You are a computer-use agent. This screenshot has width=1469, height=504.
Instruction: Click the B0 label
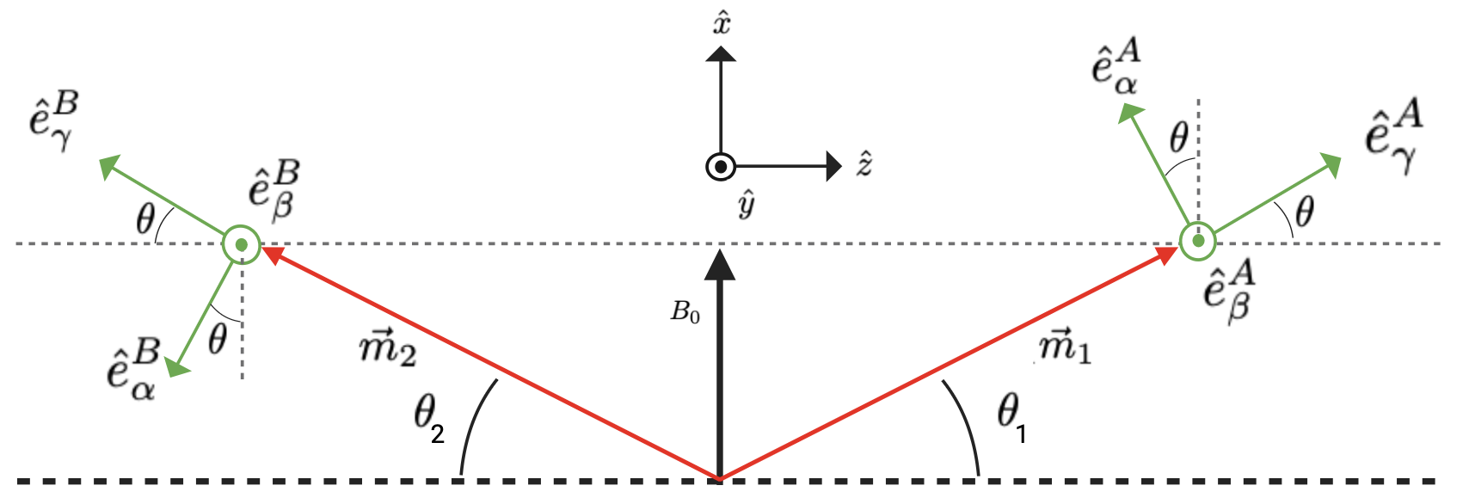pos(685,312)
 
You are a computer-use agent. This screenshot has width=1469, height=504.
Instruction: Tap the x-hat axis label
pos(722,23)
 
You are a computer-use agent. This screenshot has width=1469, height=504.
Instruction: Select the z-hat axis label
pos(865,163)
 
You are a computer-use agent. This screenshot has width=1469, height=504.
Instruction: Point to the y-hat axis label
pos(746,205)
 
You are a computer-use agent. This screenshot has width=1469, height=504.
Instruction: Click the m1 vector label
pos(1066,347)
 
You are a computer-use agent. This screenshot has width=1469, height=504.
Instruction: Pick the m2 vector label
pos(388,348)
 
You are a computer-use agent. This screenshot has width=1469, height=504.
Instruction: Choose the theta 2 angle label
pos(428,419)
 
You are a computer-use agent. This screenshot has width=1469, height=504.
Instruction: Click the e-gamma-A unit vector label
pos(1393,138)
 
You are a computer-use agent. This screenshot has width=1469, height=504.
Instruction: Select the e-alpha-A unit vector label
pos(1116,66)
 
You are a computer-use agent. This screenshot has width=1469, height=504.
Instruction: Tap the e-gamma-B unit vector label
pos(53,121)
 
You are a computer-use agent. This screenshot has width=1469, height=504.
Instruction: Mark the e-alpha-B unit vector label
pos(133,370)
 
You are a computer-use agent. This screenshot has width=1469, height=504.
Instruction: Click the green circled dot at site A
pos(1196,242)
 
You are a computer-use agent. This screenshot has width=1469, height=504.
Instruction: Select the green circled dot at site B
pos(241,245)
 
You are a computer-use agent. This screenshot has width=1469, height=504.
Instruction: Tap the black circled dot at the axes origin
pos(721,166)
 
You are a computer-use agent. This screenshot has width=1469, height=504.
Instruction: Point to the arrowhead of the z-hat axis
pos(833,166)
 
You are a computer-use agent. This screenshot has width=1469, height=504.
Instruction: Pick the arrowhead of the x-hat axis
pos(721,53)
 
